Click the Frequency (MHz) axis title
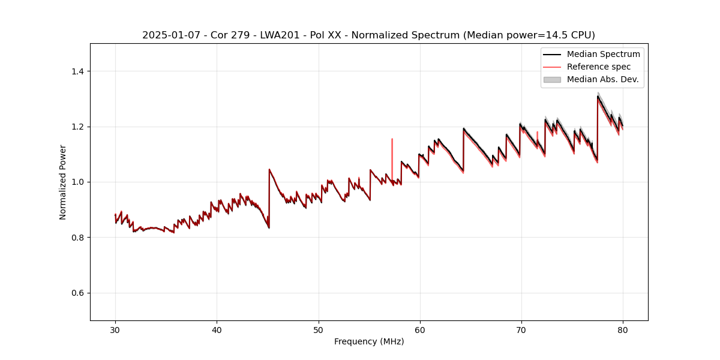[369, 341]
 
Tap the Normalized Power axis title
[63, 182]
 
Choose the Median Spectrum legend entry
[603, 54]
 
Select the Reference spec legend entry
[599, 67]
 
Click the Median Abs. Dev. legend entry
[602, 79]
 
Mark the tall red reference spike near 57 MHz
[392, 147]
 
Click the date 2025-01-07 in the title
[170, 35]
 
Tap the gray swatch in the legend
[552, 79]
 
